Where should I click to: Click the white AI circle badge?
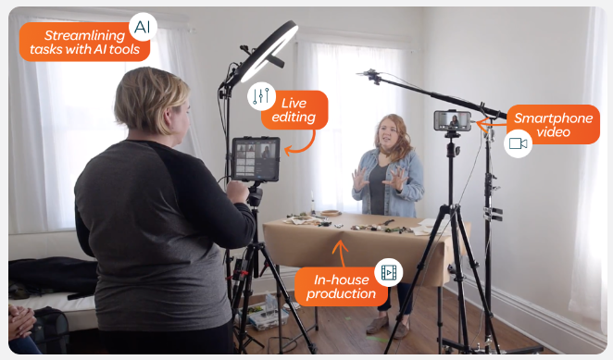(x=143, y=27)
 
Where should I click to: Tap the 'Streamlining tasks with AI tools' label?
(x=84, y=43)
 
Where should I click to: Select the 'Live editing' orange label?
(x=294, y=110)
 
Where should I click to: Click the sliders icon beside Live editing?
(x=261, y=95)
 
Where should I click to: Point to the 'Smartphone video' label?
(x=553, y=125)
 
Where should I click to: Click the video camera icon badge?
(x=518, y=143)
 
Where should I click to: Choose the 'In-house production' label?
(x=341, y=287)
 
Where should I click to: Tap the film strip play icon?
(x=389, y=272)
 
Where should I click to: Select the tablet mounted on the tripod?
(x=256, y=158)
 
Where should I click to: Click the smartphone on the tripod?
(x=452, y=120)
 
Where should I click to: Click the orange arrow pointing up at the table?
(x=342, y=254)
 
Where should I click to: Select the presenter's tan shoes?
(x=389, y=327)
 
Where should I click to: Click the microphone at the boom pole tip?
(x=370, y=76)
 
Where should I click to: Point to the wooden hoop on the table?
(x=331, y=213)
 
